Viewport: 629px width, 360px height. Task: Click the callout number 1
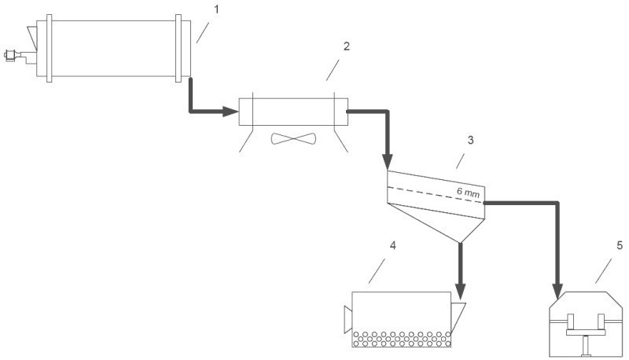point(217,9)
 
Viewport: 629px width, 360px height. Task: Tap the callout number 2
point(347,46)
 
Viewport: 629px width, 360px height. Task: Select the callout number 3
point(470,140)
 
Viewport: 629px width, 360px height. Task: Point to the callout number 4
point(392,245)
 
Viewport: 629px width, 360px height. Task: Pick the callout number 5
point(620,245)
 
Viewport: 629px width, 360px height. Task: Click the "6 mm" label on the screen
point(468,193)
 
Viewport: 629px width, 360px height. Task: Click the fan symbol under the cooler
point(293,138)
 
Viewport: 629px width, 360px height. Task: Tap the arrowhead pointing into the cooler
point(230,112)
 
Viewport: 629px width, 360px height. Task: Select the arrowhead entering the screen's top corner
point(387,162)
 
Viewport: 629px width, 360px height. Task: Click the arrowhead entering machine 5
point(557,291)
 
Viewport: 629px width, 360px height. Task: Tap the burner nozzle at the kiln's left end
point(10,55)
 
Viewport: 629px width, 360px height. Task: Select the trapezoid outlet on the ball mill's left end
point(348,319)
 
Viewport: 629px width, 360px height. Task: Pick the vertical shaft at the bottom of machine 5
point(587,346)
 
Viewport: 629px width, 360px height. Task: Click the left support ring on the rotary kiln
point(50,49)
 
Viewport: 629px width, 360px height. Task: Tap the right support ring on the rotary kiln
point(178,49)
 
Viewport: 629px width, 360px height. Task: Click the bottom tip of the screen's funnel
point(460,243)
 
